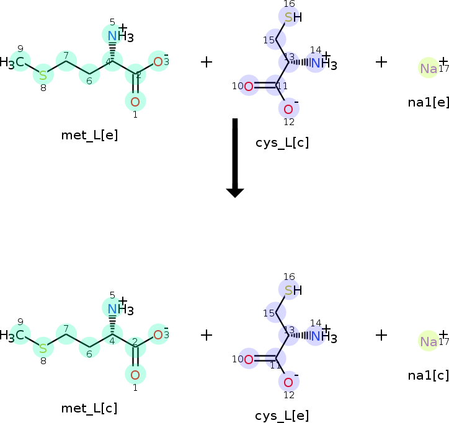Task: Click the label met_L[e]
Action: tap(89, 135)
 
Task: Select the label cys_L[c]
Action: tap(282, 142)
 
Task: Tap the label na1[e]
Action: tap(428, 102)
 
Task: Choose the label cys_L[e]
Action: tap(282, 416)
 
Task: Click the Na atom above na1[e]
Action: tap(429, 68)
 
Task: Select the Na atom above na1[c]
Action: tap(429, 341)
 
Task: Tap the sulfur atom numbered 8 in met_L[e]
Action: tap(43, 75)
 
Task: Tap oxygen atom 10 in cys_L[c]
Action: tap(249, 86)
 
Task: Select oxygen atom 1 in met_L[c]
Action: tap(135, 373)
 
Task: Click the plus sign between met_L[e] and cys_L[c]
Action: tap(207, 61)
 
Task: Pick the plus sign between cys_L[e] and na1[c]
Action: tap(381, 335)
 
